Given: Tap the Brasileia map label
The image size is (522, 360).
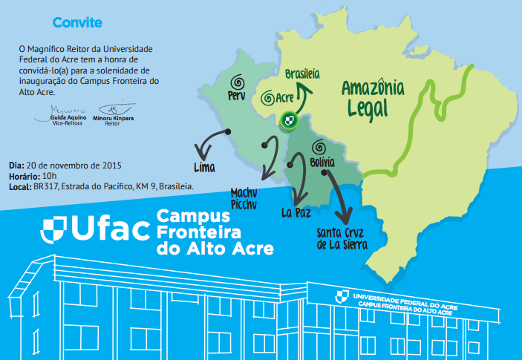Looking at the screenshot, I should coord(303,74).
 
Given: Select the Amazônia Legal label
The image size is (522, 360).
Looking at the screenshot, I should coord(373,99).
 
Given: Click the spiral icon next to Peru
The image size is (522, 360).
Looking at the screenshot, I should coord(238,81).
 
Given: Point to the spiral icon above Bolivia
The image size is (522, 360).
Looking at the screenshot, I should coord(319,146).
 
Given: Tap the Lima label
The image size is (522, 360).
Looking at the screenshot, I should coord(203,166).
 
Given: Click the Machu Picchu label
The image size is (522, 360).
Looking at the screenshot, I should coord(247,197).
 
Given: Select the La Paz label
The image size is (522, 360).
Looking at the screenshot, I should coord(296,213).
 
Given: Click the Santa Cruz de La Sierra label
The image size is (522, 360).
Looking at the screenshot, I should coord(341,238).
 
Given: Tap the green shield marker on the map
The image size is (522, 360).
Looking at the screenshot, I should coord(290,120).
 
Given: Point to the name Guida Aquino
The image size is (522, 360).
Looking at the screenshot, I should coord(67,119).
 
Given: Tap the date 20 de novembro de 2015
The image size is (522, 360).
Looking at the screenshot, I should coord(74,164).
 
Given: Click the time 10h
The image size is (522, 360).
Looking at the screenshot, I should coord(50,176).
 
